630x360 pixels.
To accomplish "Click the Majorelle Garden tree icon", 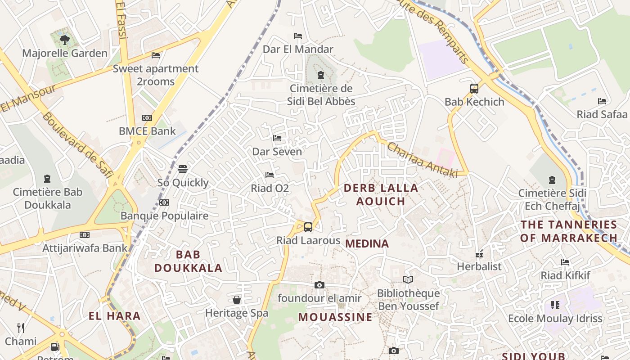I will (64, 40).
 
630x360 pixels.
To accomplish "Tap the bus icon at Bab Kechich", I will (474, 88).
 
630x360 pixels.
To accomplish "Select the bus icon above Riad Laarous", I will (308, 227).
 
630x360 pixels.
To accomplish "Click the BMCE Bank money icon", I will (147, 118).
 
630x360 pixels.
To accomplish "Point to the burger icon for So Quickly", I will (183, 169).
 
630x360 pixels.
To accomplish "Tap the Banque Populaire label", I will (164, 216).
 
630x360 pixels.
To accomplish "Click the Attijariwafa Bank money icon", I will (85, 235).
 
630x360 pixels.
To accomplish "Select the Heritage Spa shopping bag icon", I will (237, 300).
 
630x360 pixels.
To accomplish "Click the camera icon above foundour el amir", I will (319, 285).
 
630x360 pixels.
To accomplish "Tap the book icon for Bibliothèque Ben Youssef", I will (408, 280).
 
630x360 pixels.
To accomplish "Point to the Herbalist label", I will (479, 266).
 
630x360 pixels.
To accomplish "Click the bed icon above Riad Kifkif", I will (565, 262).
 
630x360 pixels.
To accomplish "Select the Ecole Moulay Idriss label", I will (555, 319).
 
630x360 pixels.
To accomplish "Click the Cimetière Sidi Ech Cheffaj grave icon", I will (552, 180).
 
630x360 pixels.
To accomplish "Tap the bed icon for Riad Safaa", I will (602, 101).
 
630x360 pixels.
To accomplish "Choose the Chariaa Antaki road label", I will (422, 160).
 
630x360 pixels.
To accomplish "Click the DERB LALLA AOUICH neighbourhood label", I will (381, 194).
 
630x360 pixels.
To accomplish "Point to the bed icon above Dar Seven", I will (277, 138).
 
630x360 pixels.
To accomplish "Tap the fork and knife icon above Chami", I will (21, 328).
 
